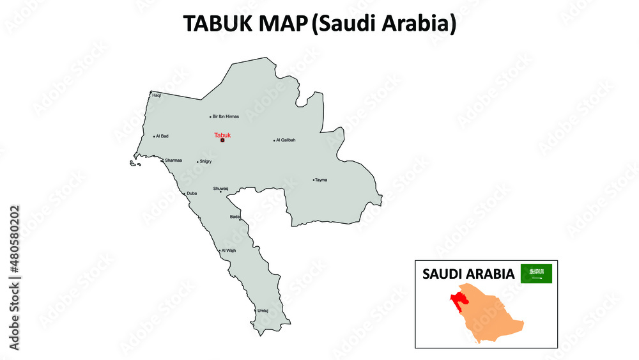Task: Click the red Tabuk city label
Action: pos(222,135)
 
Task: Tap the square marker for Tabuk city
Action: pos(222,141)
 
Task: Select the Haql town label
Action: pos(157,95)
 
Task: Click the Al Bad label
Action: pos(163,136)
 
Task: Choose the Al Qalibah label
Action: pos(286,140)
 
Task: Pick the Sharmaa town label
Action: pos(173,160)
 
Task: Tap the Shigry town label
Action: pos(205,162)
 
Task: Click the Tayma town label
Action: pos(321,180)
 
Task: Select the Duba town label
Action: pos(192,193)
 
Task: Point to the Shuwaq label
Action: pos(220,188)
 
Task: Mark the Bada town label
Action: pos(235,217)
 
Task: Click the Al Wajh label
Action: pos(229,251)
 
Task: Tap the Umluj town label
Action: pos(263,311)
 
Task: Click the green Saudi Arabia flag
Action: pos(536,274)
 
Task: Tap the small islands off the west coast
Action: pos(134,164)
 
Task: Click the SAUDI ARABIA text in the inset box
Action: pos(468,274)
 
